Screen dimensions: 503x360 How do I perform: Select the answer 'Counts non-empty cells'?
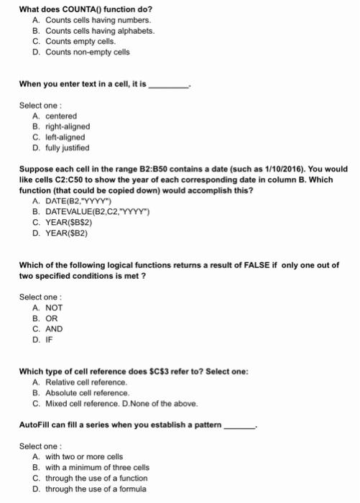pyautogui.click(x=87, y=52)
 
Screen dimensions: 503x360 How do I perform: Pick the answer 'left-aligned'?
pyautogui.click(x=65, y=137)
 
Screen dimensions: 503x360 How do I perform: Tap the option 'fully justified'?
pyautogui.click(x=68, y=148)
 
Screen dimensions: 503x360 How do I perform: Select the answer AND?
pyautogui.click(x=54, y=330)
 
